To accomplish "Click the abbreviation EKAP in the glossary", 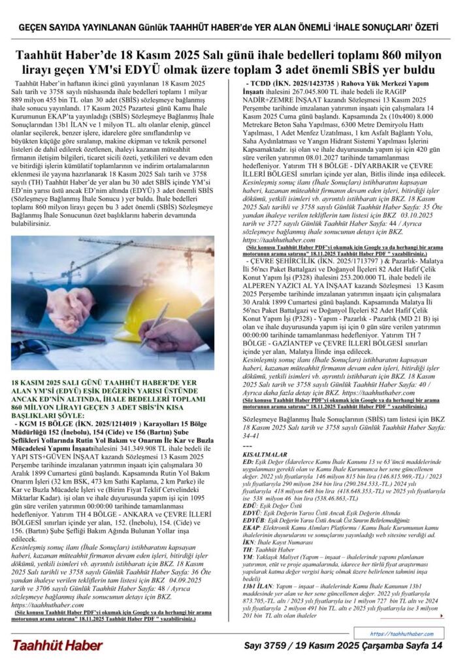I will (x=251, y=542).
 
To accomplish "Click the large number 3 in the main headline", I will (x=279, y=67).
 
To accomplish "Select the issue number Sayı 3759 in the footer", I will (x=268, y=646).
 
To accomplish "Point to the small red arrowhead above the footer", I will (x=442, y=616).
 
